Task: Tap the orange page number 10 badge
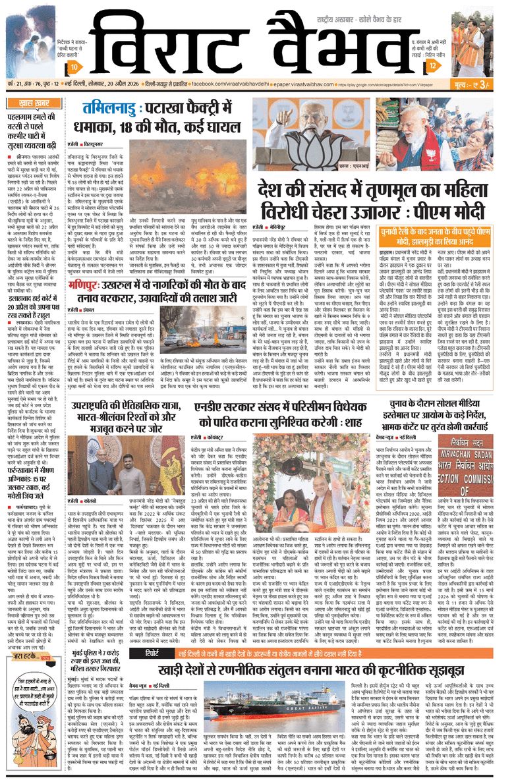click(76, 68)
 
